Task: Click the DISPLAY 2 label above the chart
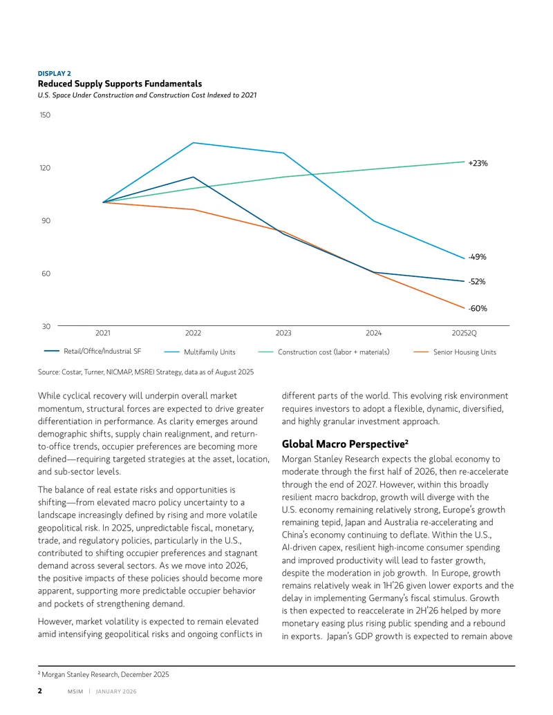pyautogui.click(x=55, y=73)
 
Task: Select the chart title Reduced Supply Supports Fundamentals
pyautogui.click(x=120, y=84)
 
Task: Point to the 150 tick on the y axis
pyautogui.click(x=45, y=115)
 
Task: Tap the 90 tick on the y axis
pyautogui.click(x=46, y=220)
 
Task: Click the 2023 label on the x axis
pyautogui.click(x=283, y=333)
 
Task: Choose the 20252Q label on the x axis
pyautogui.click(x=464, y=333)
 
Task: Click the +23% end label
pyautogui.click(x=478, y=163)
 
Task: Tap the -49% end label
pyautogui.click(x=477, y=257)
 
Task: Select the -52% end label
pyautogui.click(x=477, y=281)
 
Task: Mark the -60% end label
pyautogui.click(x=478, y=308)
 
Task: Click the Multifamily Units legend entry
pyautogui.click(x=200, y=352)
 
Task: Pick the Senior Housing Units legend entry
pyautogui.click(x=455, y=352)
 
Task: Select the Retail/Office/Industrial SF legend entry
pyautogui.click(x=93, y=351)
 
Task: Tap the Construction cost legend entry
pyautogui.click(x=324, y=352)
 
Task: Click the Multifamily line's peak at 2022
pyautogui.click(x=193, y=143)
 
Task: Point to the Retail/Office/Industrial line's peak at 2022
pyautogui.click(x=193, y=177)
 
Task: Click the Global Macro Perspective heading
pyautogui.click(x=345, y=444)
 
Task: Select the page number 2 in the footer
pyautogui.click(x=39, y=691)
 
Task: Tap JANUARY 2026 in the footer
pyautogui.click(x=116, y=692)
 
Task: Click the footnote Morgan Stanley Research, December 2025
pyautogui.click(x=104, y=674)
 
